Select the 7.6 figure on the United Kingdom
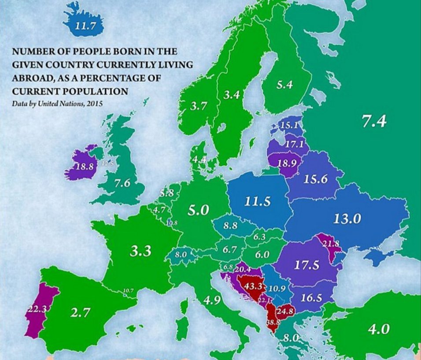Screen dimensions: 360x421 (122, 183)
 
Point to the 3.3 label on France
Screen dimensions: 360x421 (140, 251)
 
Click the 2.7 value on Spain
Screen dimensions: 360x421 (80, 313)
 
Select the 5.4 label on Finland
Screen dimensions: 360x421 (284, 85)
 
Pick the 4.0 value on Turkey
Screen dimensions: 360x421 (379, 329)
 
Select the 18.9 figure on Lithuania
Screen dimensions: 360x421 (288, 162)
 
